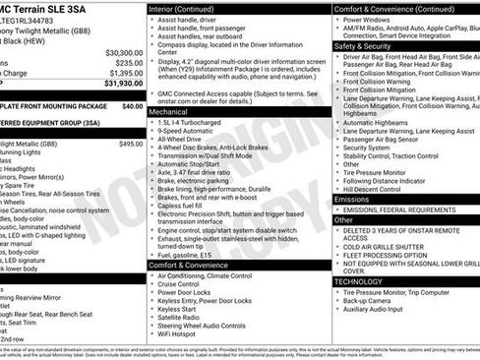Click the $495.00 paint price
tap(131, 144)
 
